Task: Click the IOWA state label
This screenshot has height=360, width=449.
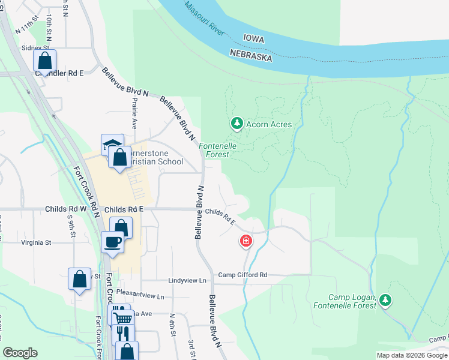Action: click(x=253, y=38)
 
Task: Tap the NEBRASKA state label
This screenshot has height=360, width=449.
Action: click(x=251, y=55)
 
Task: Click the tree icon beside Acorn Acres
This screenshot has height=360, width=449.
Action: click(x=237, y=124)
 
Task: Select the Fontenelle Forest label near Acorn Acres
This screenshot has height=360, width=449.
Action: click(x=217, y=150)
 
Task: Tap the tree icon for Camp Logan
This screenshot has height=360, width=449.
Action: click(x=385, y=299)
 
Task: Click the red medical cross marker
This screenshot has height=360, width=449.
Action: click(x=246, y=241)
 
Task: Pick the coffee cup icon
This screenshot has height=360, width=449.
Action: click(x=113, y=242)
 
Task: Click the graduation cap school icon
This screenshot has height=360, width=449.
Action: click(x=112, y=145)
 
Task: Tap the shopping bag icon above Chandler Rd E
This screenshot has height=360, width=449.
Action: click(x=44, y=60)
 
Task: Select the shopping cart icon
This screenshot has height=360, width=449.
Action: click(x=122, y=319)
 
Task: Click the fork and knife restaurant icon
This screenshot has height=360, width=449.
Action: click(x=123, y=333)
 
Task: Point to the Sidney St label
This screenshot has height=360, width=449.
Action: click(x=34, y=47)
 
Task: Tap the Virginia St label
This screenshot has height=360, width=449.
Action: click(x=37, y=243)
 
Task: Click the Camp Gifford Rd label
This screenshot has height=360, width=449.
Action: click(x=242, y=275)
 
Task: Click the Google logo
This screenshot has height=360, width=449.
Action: click(x=20, y=353)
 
